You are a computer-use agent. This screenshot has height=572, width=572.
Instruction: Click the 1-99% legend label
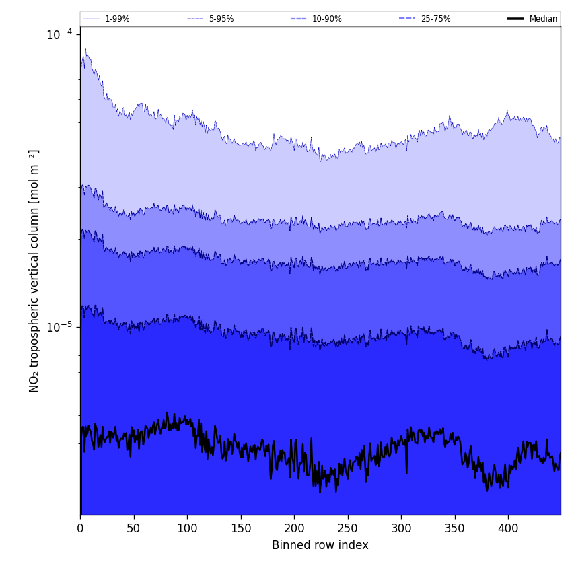pyautogui.click(x=117, y=19)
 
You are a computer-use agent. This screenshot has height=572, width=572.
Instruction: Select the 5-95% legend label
pyautogui.click(x=221, y=19)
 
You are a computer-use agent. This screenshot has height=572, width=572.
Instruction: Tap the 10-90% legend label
pyautogui.click(x=327, y=19)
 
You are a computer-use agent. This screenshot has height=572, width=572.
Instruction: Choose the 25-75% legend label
pyautogui.click(x=435, y=19)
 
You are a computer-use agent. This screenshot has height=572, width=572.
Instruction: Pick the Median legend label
pyautogui.click(x=543, y=19)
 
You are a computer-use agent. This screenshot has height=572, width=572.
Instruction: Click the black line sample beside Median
pyautogui.click(x=515, y=19)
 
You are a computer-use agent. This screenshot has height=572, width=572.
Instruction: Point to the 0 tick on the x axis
pyautogui.click(x=80, y=529)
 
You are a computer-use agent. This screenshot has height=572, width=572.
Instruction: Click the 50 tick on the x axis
pyautogui.click(x=134, y=529)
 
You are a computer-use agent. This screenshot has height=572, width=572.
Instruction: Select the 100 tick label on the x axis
pyautogui.click(x=187, y=529)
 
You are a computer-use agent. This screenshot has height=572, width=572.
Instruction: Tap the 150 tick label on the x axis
pyautogui.click(x=241, y=529)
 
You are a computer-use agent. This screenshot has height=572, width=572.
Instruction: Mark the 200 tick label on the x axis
pyautogui.click(x=294, y=529)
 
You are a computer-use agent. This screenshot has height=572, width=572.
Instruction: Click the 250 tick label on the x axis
pyautogui.click(x=348, y=529)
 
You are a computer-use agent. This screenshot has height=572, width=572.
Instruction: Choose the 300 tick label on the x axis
pyautogui.click(x=401, y=529)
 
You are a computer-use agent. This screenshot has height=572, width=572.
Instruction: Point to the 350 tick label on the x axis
pyautogui.click(x=455, y=529)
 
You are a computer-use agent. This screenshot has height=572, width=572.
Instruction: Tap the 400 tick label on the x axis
pyautogui.click(x=508, y=529)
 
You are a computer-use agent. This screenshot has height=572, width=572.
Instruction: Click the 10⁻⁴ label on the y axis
pyautogui.click(x=59, y=34)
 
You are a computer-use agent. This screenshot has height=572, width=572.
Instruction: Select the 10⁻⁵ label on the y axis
pyautogui.click(x=59, y=327)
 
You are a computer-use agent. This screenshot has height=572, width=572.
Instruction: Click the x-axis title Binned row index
pyautogui.click(x=320, y=545)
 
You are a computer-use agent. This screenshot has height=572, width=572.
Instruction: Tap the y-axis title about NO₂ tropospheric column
pyautogui.click(x=34, y=271)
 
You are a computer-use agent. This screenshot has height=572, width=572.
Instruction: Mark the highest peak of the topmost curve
pyautogui.click(x=85, y=48)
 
